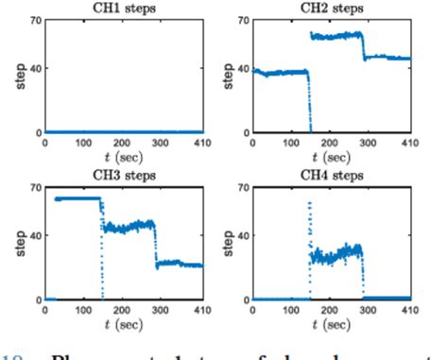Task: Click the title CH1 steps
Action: [124, 9]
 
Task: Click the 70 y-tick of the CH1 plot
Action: [34, 21]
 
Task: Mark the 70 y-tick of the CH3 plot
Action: [34, 188]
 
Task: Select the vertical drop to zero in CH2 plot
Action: [309, 104]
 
